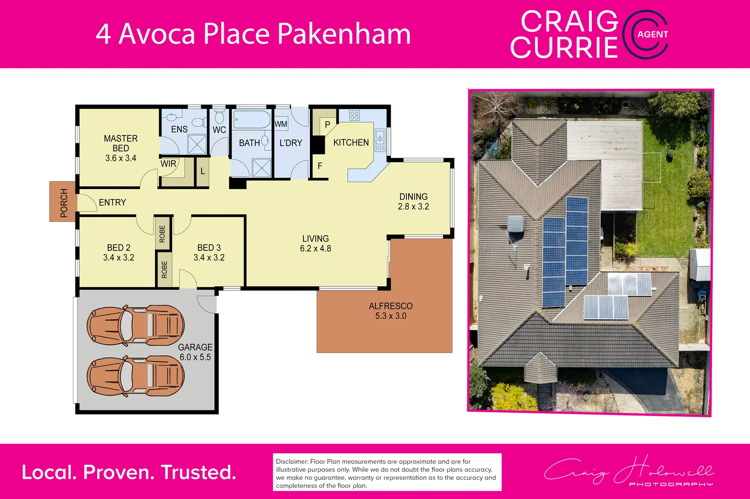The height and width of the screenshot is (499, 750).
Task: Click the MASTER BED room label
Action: pos(121,143)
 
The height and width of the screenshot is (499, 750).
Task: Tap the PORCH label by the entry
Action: pos(64,203)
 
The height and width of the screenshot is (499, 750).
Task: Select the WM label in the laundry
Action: pos(281,124)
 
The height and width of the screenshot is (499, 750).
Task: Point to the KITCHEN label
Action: pos(351,143)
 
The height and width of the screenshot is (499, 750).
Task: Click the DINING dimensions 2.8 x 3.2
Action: pos(413,207)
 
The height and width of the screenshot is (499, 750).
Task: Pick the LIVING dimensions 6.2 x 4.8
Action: pos(315,249)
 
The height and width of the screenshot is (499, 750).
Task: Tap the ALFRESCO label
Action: pos(391,306)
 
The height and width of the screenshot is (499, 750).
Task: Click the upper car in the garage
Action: pos(136,326)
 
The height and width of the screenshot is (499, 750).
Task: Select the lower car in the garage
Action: pos(136,376)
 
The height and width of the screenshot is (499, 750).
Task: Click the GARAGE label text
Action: pos(195,347)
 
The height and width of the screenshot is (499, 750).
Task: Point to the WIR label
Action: pos(168,164)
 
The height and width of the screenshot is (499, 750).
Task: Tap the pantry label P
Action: pos(327,125)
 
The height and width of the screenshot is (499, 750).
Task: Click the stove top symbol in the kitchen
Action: pos(355,116)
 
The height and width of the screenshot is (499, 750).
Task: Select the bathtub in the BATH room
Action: pos(252,120)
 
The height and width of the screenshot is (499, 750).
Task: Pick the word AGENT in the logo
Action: pos(652,34)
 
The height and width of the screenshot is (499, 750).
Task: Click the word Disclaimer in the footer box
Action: pos(292,462)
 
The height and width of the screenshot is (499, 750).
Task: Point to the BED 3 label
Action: pos(209,248)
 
